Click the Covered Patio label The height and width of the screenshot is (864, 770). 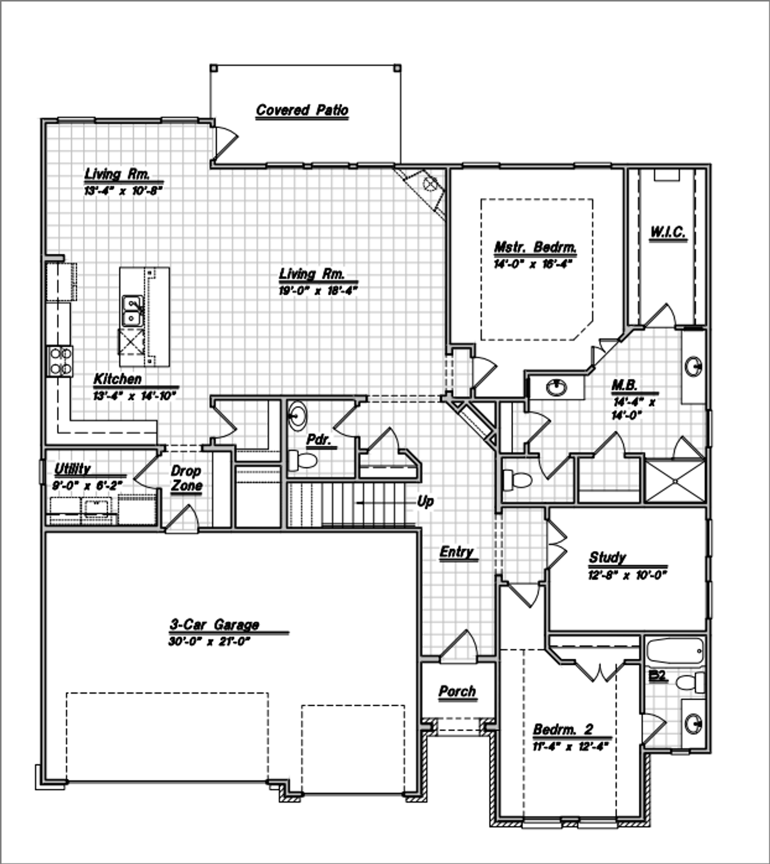302,110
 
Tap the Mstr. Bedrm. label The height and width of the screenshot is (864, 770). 535,247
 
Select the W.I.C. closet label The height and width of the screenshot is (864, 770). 668,232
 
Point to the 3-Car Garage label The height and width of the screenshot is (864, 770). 214,625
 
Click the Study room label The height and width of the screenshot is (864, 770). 607,557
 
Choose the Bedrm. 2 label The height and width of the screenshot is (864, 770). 563,730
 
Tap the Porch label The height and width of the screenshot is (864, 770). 457,691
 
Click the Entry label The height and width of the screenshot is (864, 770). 457,552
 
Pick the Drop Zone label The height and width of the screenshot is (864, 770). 186,478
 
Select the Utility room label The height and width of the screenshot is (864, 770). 72,469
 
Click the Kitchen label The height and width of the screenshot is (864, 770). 118,379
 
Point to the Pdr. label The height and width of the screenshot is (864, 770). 318,440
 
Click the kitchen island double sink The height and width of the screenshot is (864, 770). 132,310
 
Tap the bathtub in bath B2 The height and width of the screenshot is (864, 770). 674,652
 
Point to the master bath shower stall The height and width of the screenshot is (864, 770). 674,481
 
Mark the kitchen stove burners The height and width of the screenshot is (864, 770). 60,361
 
